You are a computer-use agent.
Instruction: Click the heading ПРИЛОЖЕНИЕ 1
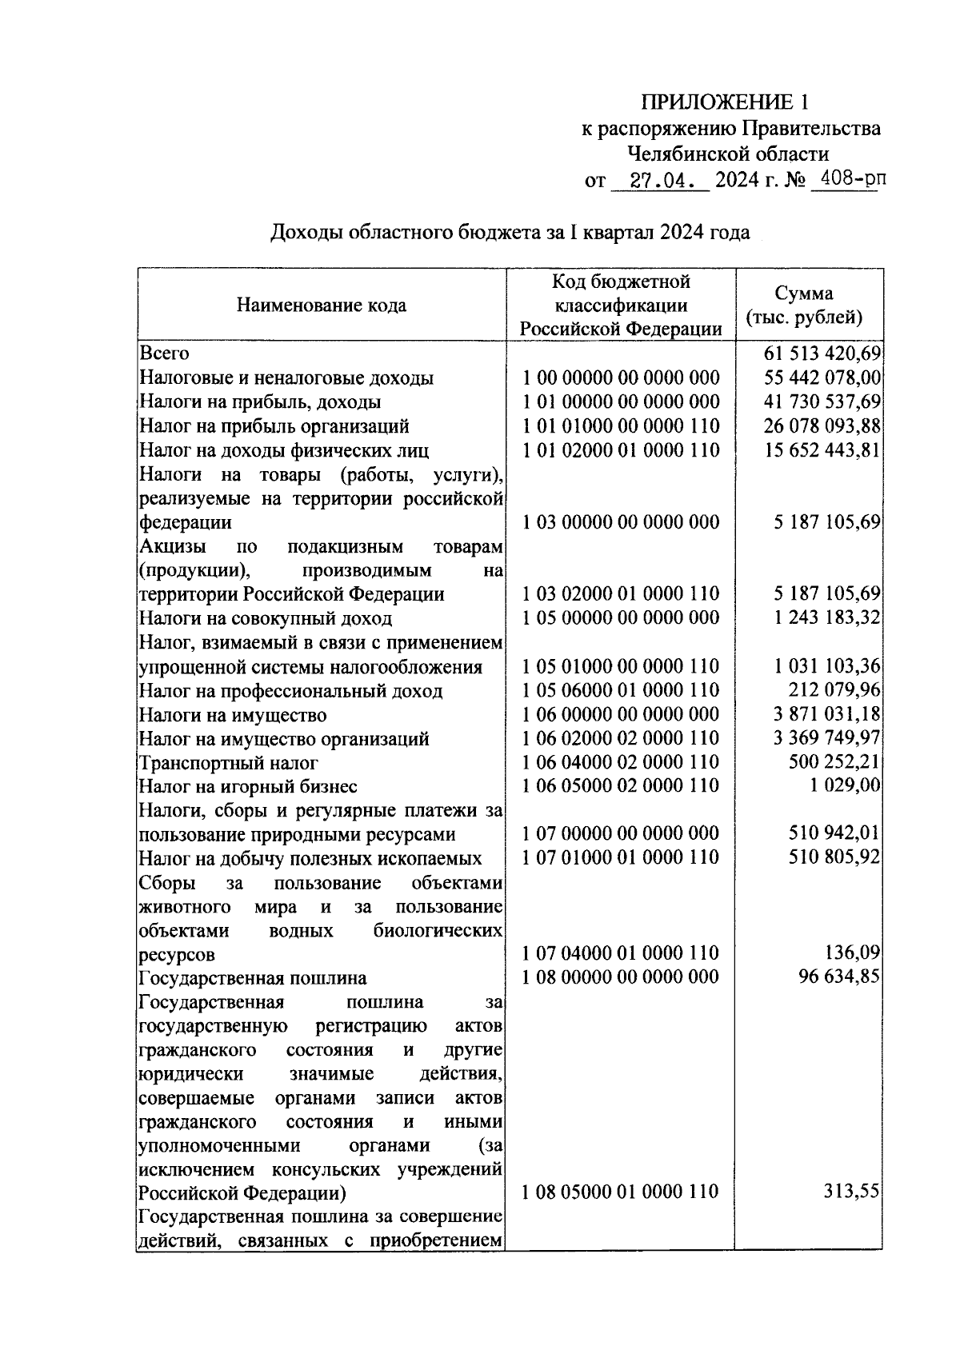click(x=725, y=102)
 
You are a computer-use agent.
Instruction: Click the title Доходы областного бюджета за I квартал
click(x=510, y=233)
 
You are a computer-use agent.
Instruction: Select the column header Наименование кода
click(x=321, y=305)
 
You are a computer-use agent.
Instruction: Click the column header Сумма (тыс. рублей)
click(x=804, y=305)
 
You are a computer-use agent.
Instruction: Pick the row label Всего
click(x=164, y=353)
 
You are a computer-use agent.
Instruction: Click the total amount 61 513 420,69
click(x=822, y=353)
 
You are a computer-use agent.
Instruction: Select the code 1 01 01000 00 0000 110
click(x=621, y=425)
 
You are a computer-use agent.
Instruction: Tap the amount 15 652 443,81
click(x=822, y=449)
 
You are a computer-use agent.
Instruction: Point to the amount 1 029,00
click(x=845, y=785)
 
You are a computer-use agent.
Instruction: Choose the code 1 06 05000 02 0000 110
click(x=621, y=785)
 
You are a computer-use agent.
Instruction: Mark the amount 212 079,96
click(x=834, y=689)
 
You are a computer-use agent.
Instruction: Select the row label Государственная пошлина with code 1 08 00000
click(x=253, y=977)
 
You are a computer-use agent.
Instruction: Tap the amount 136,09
click(x=853, y=953)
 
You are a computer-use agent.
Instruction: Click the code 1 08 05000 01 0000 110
click(x=621, y=1192)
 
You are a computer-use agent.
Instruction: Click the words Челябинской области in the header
click(x=728, y=154)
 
